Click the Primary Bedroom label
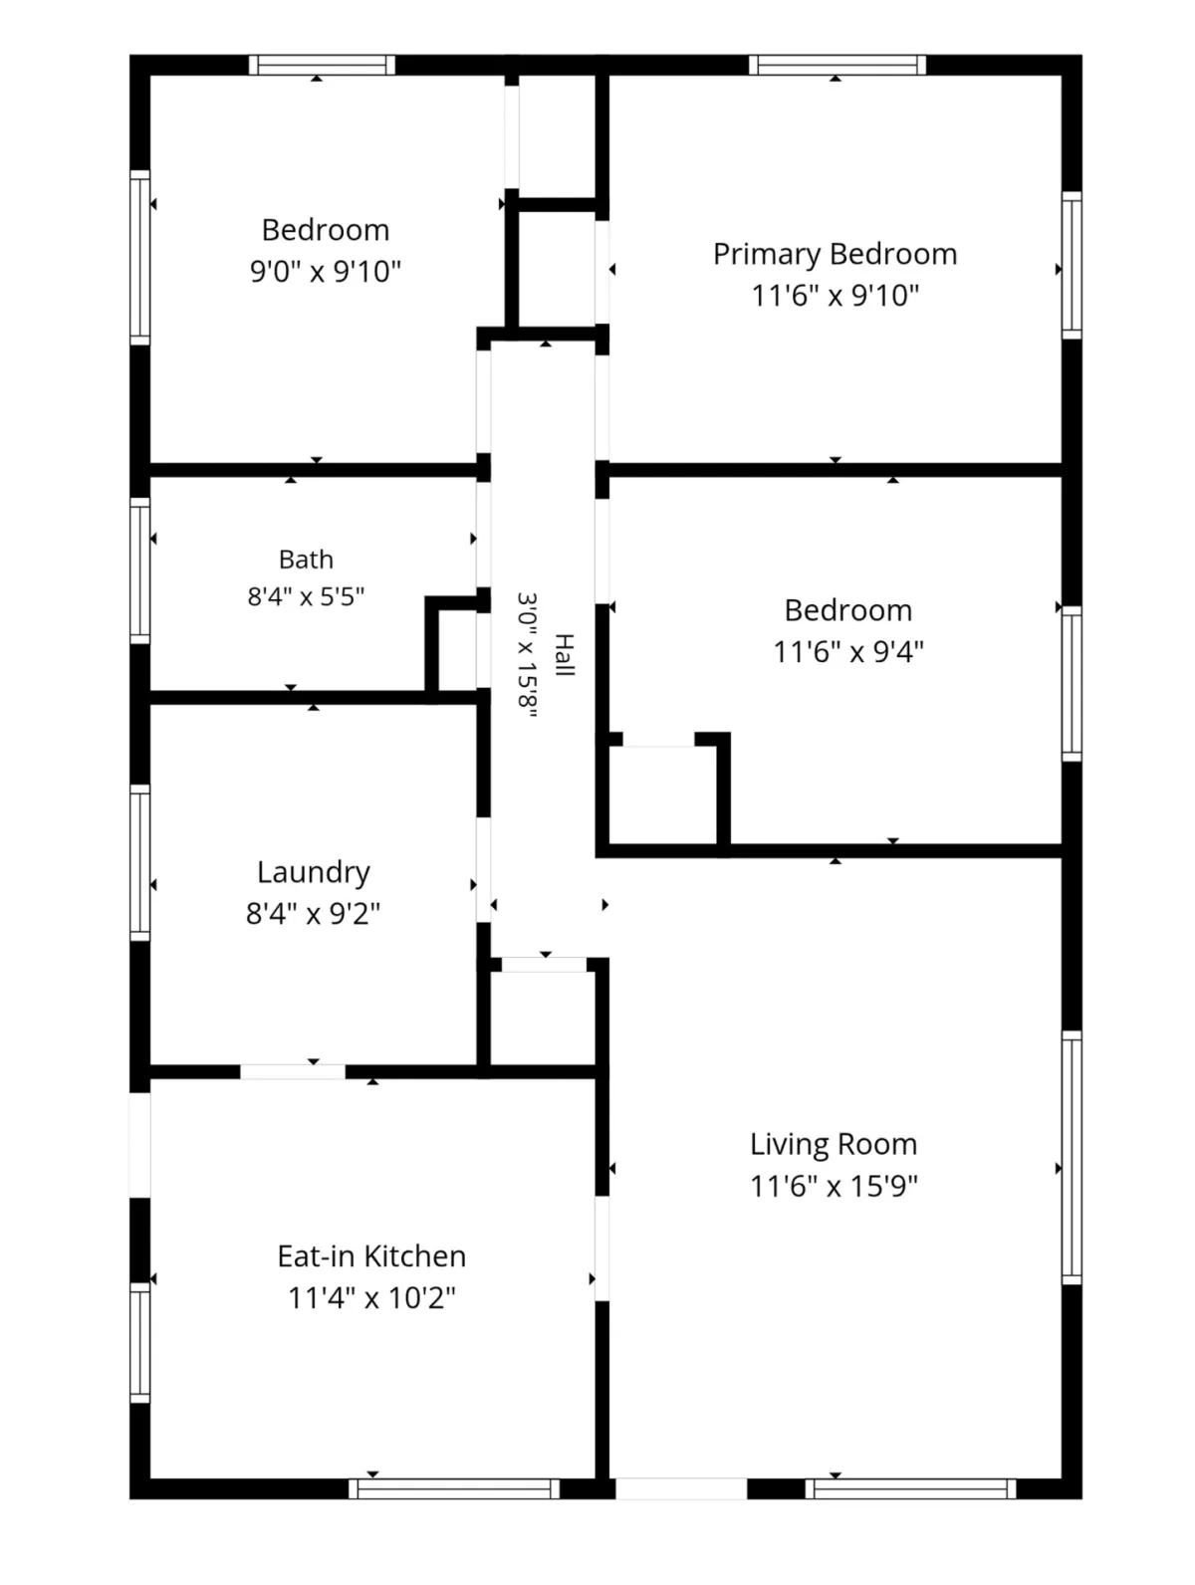tap(835, 254)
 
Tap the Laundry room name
tap(314, 872)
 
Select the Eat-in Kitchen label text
tap(371, 1256)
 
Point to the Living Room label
tap(834, 1144)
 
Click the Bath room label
tap(306, 560)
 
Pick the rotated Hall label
tap(564, 654)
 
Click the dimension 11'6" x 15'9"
tap(834, 1186)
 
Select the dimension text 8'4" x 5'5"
tap(306, 596)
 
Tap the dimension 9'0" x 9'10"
tap(325, 272)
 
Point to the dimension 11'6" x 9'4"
tap(848, 651)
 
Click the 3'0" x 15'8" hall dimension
tap(527, 654)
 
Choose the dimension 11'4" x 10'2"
tap(371, 1298)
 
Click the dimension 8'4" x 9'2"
tap(314, 913)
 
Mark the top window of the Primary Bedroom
tap(836, 65)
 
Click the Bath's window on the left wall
tap(140, 570)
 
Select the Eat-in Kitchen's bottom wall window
tap(454, 1489)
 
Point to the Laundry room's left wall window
tap(140, 863)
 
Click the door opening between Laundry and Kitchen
tap(293, 1071)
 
